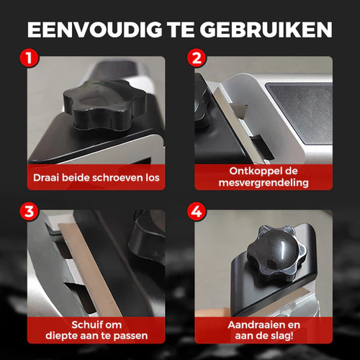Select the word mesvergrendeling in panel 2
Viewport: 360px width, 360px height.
point(264,183)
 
